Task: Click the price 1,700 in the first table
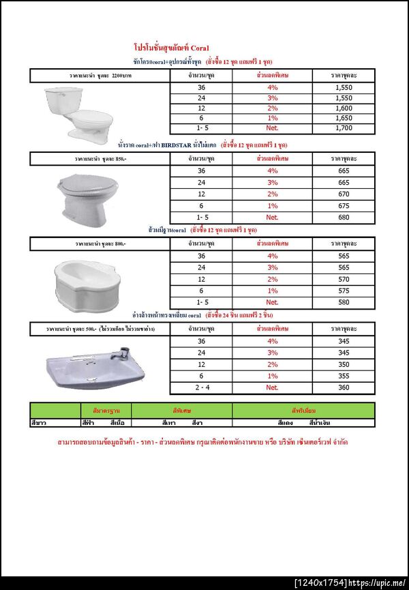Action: click(x=344, y=128)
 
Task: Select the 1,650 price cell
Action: click(x=344, y=118)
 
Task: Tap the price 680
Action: click(x=344, y=218)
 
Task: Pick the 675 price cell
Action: click(x=344, y=205)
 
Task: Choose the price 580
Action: click(x=344, y=302)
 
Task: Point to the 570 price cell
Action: click(x=344, y=279)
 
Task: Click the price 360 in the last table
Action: click(x=344, y=387)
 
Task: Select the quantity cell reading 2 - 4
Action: click(x=201, y=387)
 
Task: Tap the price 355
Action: click(x=344, y=376)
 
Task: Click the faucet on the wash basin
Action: click(x=123, y=353)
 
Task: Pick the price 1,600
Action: click(x=344, y=108)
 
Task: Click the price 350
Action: click(x=344, y=364)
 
